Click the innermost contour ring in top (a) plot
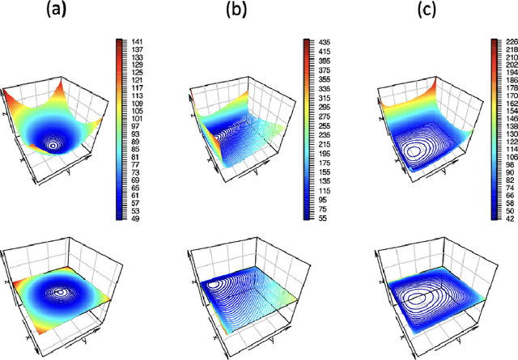click(53, 146)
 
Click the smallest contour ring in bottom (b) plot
click(216, 285)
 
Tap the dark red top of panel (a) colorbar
click(119, 40)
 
